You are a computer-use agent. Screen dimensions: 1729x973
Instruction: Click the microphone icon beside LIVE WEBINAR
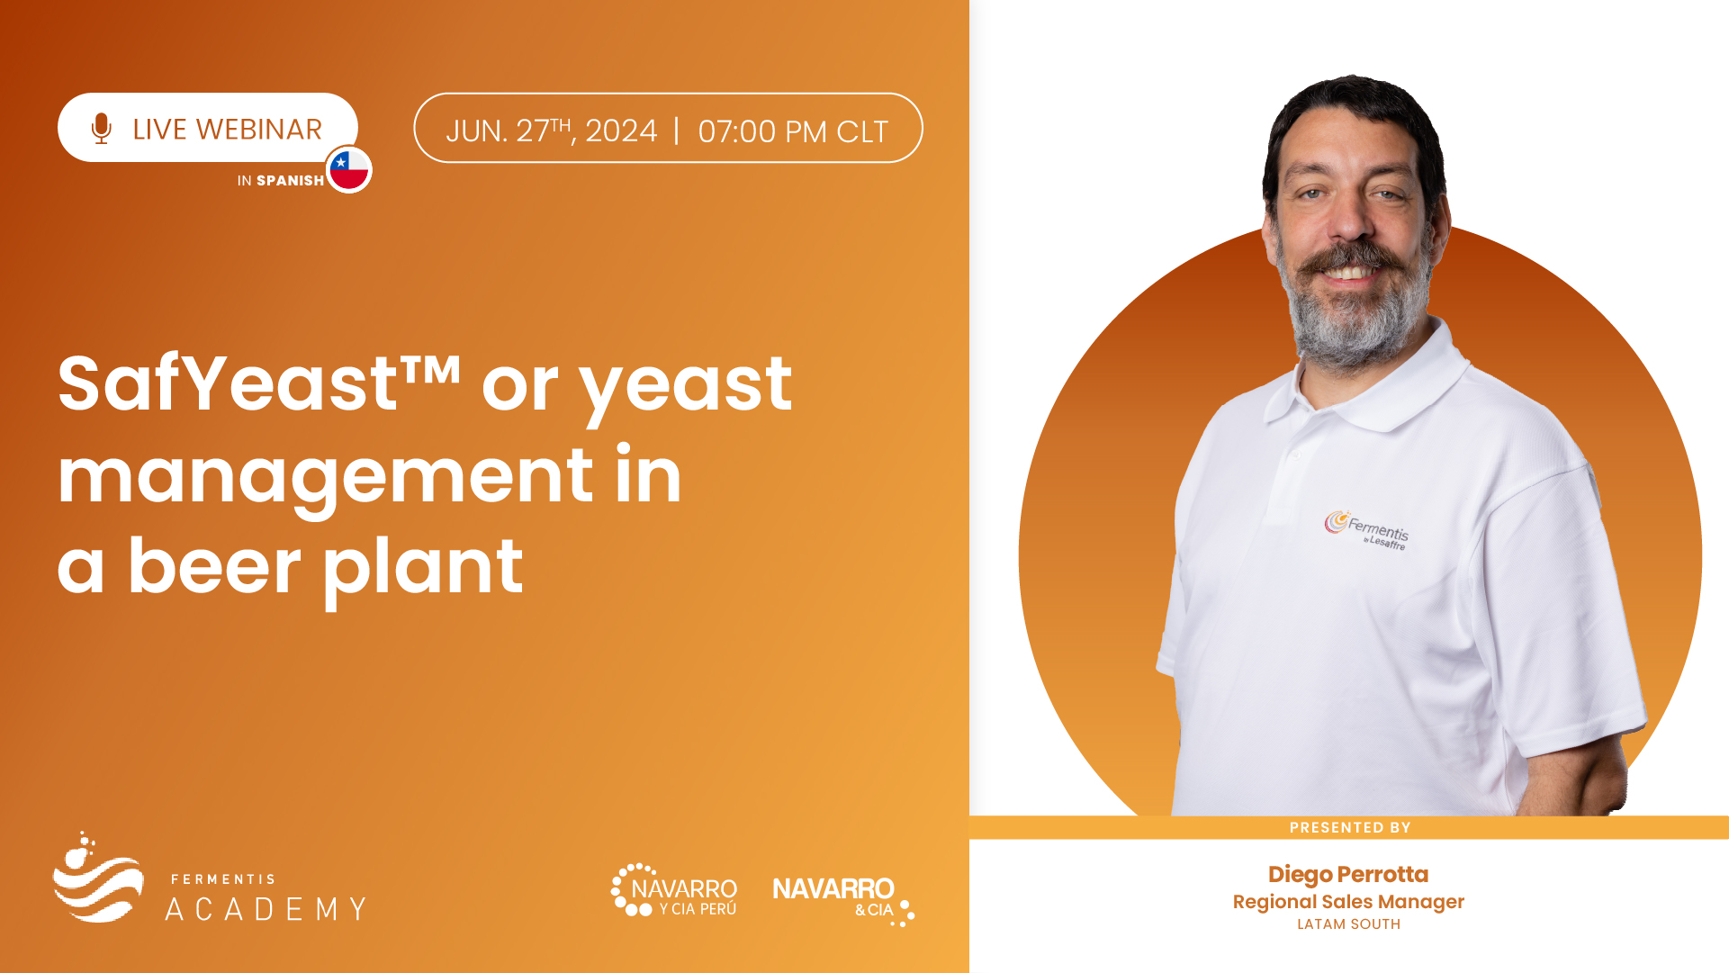point(102,129)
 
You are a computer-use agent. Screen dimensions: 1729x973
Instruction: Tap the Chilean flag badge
point(349,169)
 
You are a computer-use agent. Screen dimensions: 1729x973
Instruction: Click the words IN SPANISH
point(281,181)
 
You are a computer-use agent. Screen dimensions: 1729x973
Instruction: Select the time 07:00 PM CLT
point(793,131)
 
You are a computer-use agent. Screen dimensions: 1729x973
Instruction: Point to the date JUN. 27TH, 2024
point(552,131)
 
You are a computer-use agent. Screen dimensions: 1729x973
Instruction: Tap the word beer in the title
point(214,566)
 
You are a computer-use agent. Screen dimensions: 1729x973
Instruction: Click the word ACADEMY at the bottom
point(266,909)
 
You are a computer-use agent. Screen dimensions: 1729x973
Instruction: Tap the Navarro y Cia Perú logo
point(674,890)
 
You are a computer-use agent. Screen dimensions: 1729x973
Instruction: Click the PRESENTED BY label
point(1350,828)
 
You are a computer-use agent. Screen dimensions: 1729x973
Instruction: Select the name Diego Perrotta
point(1348,874)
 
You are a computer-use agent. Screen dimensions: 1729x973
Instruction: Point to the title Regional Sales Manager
point(1348,902)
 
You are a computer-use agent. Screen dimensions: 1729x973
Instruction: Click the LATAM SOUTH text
point(1348,924)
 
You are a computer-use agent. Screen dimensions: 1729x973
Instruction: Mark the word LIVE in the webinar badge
point(159,130)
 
